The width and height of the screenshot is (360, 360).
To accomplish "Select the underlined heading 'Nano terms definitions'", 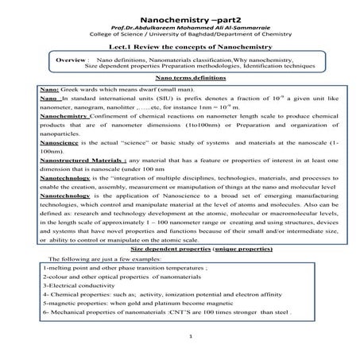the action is tap(180, 80).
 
